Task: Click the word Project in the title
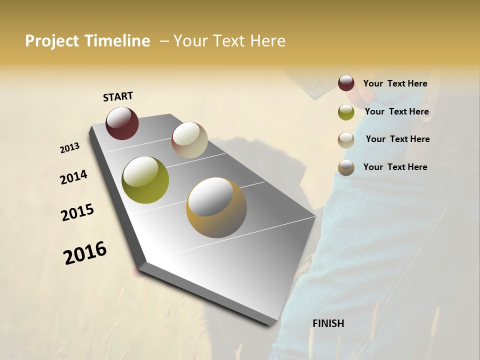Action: (x=52, y=41)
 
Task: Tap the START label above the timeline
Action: (x=118, y=96)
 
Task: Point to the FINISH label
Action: (x=328, y=323)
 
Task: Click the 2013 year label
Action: (x=69, y=148)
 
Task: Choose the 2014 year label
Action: (x=73, y=177)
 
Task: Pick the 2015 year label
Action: (x=77, y=212)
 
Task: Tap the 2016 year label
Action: (x=85, y=253)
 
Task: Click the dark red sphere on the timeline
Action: (x=122, y=123)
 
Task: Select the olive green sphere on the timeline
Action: (x=145, y=180)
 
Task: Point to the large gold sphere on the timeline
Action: (x=216, y=207)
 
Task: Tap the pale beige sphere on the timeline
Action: (x=189, y=140)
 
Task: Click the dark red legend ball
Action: (x=346, y=83)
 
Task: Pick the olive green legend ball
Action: (x=346, y=112)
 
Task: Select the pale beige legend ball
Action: (x=346, y=140)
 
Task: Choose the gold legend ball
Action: (x=346, y=167)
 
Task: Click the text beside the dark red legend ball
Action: (x=395, y=83)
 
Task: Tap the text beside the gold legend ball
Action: (x=395, y=167)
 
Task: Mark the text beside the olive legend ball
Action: (x=396, y=111)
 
